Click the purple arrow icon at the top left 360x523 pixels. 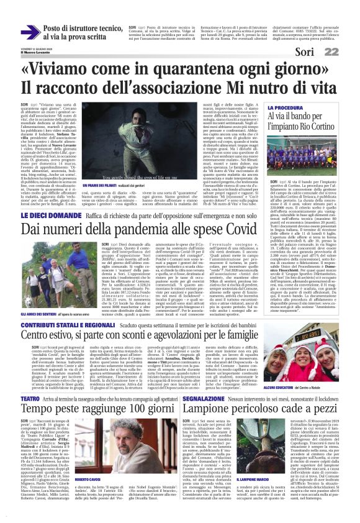[29, 32]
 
